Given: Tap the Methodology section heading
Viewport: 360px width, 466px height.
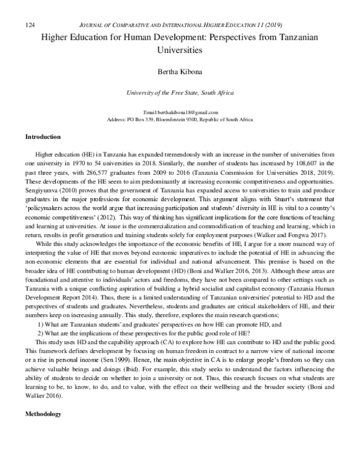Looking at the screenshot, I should [x=46, y=448].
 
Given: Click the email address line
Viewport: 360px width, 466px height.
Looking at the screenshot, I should [x=180, y=113].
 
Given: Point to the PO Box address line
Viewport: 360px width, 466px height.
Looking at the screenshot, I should [x=180, y=120].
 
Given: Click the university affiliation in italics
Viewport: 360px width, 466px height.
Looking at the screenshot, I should [x=180, y=93].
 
